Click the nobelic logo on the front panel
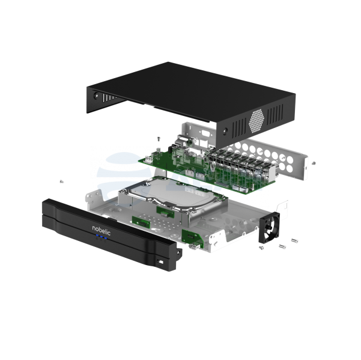[x=102, y=230]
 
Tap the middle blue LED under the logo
[x=101, y=237]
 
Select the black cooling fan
[x=269, y=227]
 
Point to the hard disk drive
[x=172, y=200]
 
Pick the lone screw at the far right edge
[x=314, y=163]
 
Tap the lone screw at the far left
[x=61, y=182]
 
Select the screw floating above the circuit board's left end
[x=159, y=139]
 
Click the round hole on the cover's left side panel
[x=96, y=95]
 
